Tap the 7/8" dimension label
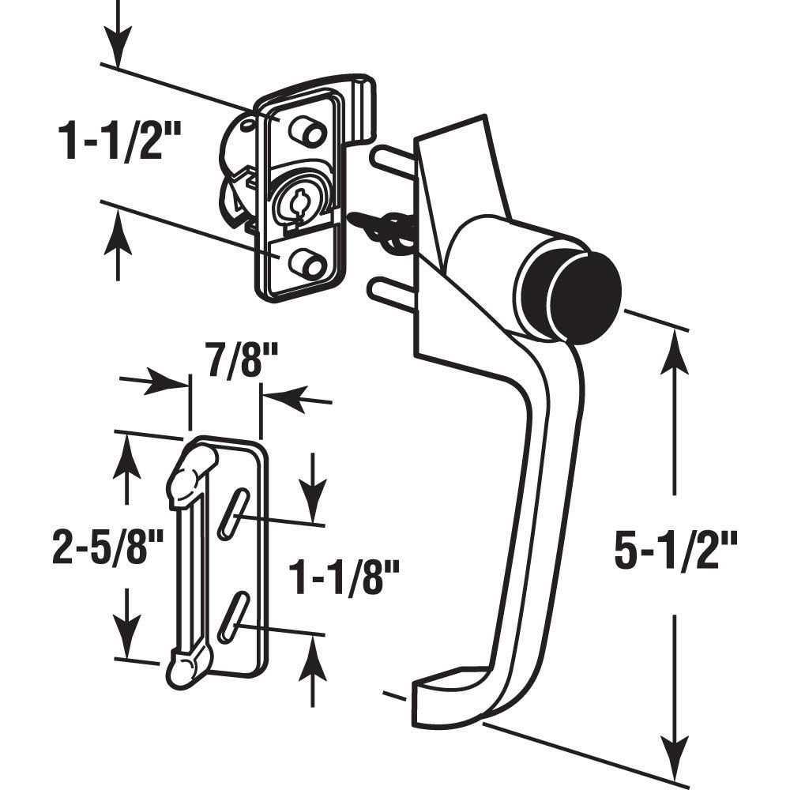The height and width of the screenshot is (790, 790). [224, 366]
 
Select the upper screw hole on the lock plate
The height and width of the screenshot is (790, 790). [310, 131]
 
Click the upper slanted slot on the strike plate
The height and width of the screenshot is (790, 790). [234, 514]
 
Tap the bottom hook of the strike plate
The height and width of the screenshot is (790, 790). [187, 664]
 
